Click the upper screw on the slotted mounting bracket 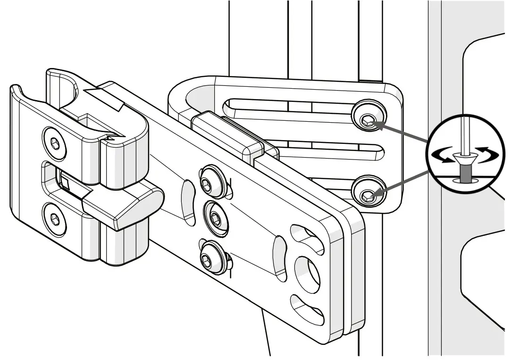[368, 121]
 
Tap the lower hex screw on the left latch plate [54, 218]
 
